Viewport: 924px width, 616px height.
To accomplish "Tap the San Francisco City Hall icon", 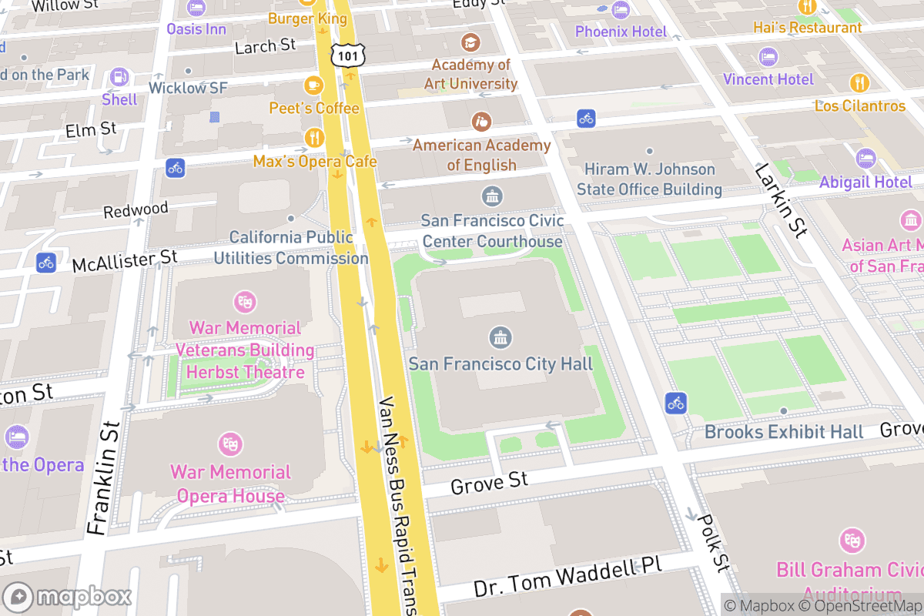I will pyautogui.click(x=501, y=337).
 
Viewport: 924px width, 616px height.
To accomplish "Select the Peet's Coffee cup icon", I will pyautogui.click(x=313, y=85).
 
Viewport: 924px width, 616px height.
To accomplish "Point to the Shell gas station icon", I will pyautogui.click(x=119, y=77).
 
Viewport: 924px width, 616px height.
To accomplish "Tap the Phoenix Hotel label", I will pyautogui.click(x=621, y=32).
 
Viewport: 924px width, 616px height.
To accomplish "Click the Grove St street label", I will pyautogui.click(x=489, y=484).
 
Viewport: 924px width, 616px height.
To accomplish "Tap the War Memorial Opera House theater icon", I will pyautogui.click(x=229, y=444).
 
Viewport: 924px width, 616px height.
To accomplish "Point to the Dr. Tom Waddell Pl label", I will pyautogui.click(x=567, y=577).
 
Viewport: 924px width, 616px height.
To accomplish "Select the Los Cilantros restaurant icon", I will pyautogui.click(x=859, y=82).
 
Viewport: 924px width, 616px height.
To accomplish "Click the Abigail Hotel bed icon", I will pyautogui.click(x=865, y=159).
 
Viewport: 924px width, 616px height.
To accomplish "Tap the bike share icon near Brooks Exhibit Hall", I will pyautogui.click(x=676, y=403).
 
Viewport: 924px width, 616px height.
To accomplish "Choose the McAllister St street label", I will pyautogui.click(x=125, y=261).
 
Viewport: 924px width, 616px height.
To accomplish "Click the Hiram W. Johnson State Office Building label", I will pyautogui.click(x=649, y=179).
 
